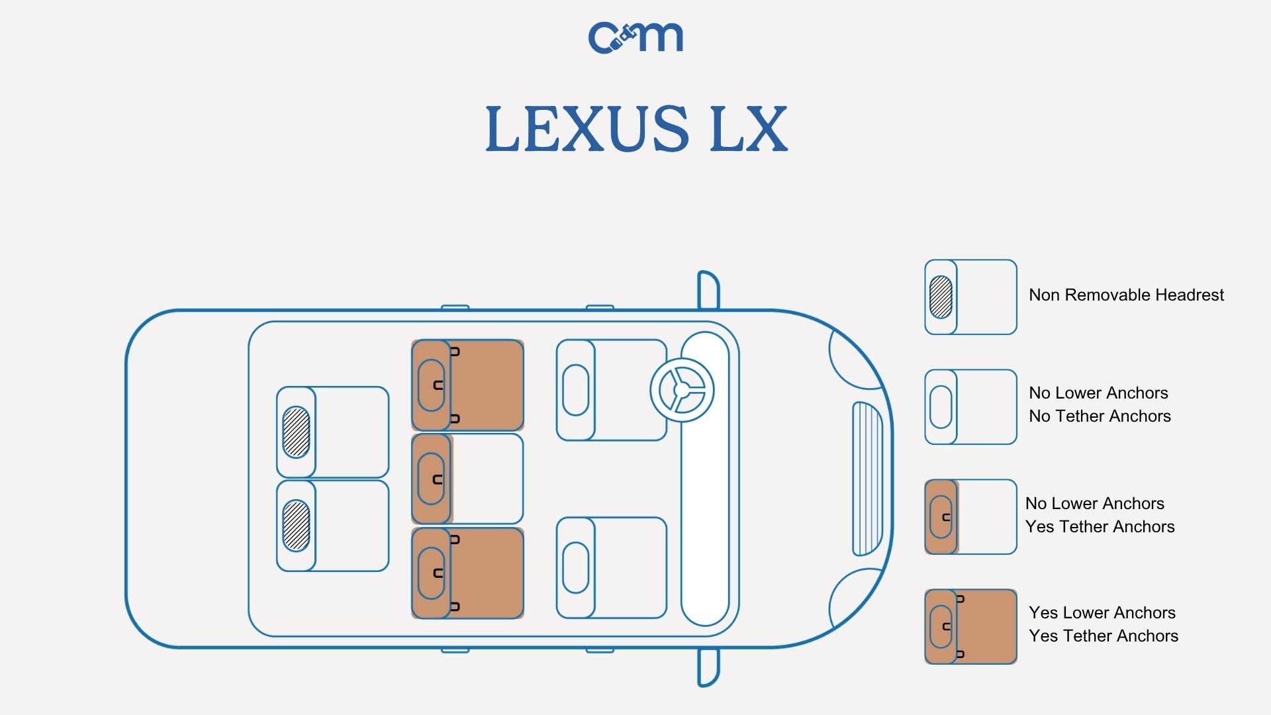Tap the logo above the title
pyautogui.click(x=635, y=37)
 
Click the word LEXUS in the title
pyautogui.click(x=587, y=128)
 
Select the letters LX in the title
pyautogui.click(x=748, y=128)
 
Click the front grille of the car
pyautogui.click(x=867, y=479)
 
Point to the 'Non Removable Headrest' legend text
pyautogui.click(x=1126, y=295)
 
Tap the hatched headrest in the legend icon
pyautogui.click(x=941, y=297)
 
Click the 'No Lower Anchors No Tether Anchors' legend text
pyautogui.click(x=1100, y=405)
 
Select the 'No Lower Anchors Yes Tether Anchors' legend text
pyautogui.click(x=1100, y=515)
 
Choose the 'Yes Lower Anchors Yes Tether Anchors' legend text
pyautogui.click(x=1104, y=624)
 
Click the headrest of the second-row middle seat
pyautogui.click(x=431, y=479)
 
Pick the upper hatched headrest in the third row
pyautogui.click(x=296, y=432)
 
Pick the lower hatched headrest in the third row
pyautogui.click(x=296, y=526)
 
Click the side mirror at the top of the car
pyautogui.click(x=708, y=290)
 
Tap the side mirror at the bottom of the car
pyautogui.click(x=708, y=667)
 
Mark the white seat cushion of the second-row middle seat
pyautogui.click(x=487, y=479)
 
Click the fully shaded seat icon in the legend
pyautogui.click(x=970, y=626)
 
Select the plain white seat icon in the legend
pyautogui.click(x=970, y=406)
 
